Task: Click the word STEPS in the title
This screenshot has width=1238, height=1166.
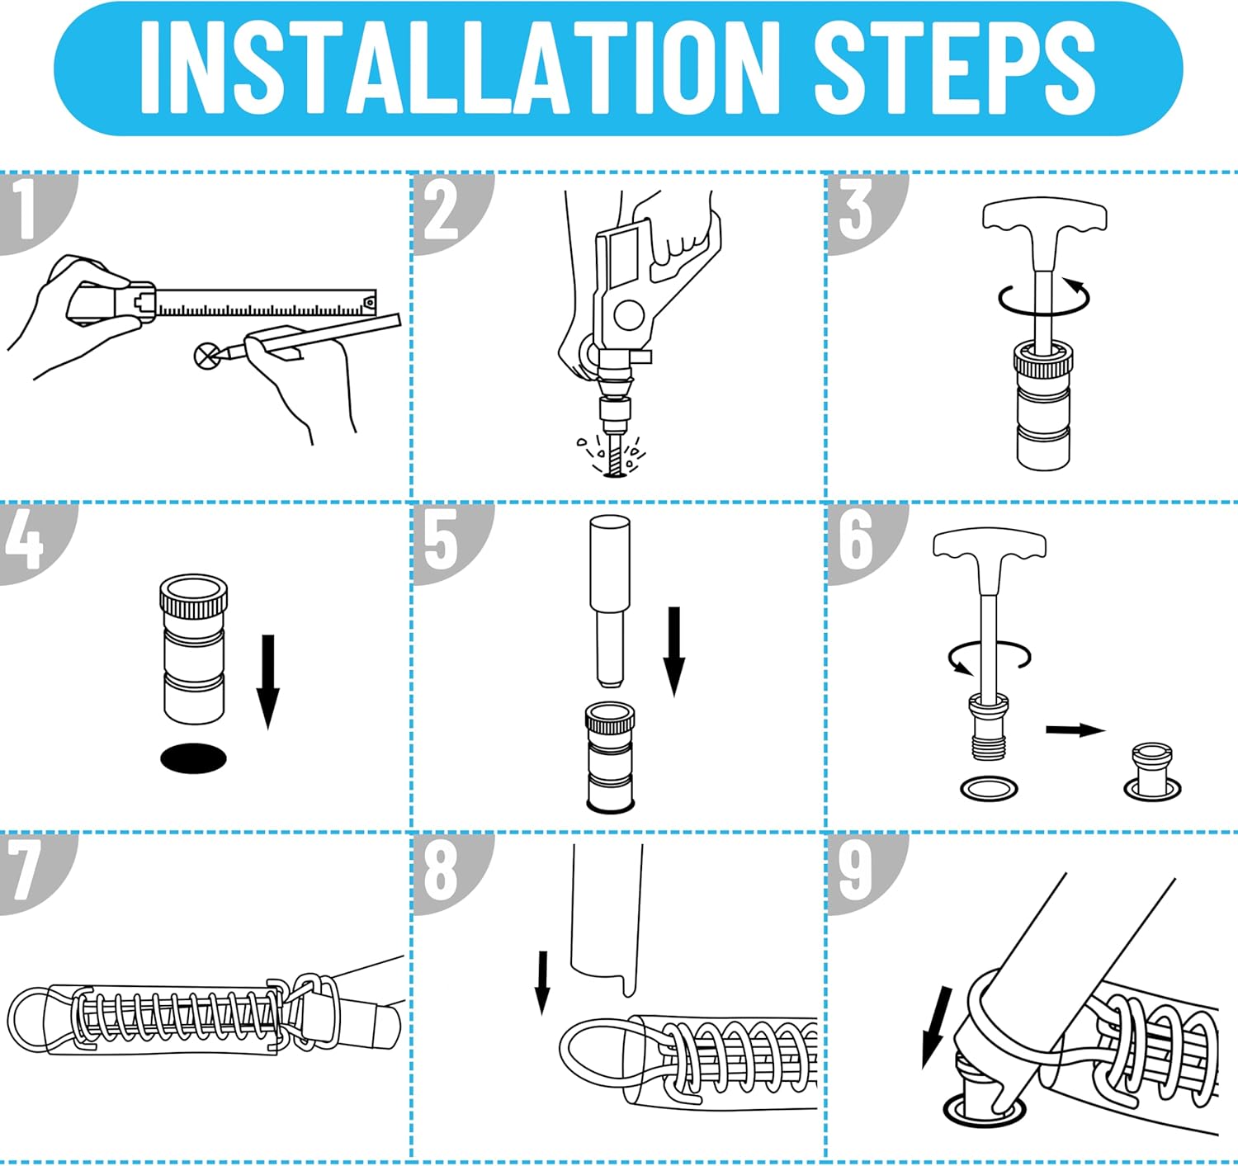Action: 954,68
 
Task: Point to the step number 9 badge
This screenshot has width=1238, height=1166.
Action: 867,874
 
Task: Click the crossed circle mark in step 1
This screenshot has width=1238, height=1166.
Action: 206,356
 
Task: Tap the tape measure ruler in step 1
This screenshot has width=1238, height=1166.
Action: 265,303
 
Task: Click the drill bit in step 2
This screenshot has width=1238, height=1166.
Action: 614,457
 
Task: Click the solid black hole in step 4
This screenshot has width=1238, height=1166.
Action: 193,758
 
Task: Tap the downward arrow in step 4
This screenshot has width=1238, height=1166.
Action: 268,682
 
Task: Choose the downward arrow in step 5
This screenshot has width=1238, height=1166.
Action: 673,651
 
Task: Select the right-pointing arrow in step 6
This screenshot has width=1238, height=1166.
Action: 1075,729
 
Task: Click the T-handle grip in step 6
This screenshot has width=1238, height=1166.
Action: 990,545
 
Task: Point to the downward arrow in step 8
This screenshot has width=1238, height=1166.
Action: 543,991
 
